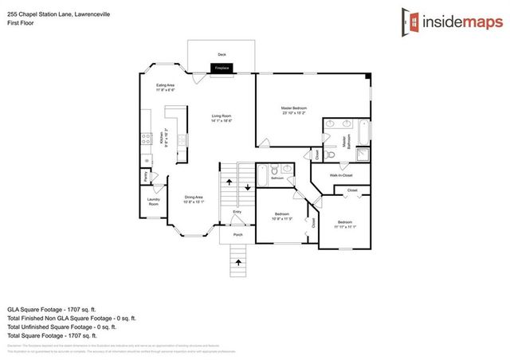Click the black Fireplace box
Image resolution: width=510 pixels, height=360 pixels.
[221, 68]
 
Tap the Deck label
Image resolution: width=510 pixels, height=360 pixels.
[222, 54]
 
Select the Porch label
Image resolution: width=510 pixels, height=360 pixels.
[237, 235]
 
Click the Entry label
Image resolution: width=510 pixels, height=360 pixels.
[237, 212]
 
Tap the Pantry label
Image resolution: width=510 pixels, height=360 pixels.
[146, 176]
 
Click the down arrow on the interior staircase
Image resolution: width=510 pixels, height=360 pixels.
[247, 186]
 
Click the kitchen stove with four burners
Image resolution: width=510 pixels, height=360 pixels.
[147, 138]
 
